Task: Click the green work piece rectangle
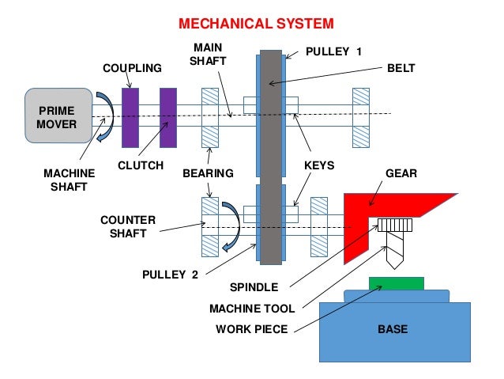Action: (x=396, y=283)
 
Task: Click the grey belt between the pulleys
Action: (x=269, y=158)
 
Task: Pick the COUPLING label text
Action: (x=132, y=69)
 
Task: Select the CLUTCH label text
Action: (x=141, y=166)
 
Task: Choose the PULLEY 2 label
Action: (x=170, y=274)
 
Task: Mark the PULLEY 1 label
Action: (x=333, y=51)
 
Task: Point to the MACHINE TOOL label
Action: (x=252, y=309)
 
